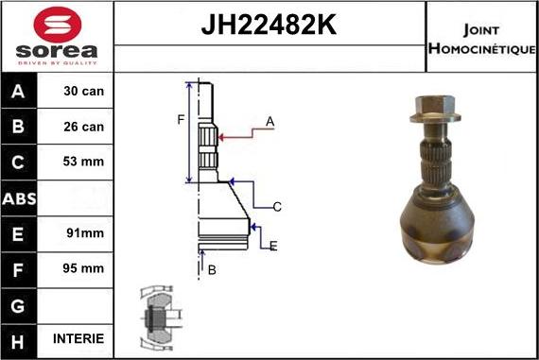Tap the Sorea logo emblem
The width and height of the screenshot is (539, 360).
click(57, 24)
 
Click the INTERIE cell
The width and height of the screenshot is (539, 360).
click(84, 338)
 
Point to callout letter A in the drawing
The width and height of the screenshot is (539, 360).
click(269, 121)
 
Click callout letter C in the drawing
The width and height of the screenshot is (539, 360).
click(277, 207)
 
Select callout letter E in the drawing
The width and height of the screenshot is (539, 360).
click(272, 246)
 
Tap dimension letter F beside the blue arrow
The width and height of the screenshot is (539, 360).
click(180, 119)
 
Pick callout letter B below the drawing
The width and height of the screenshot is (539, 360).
click(211, 270)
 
